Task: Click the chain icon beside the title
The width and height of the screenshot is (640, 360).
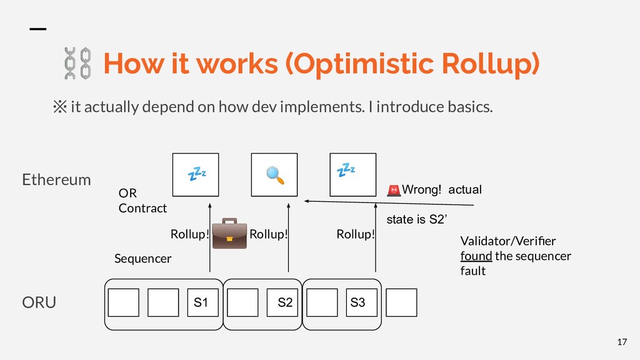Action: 78,63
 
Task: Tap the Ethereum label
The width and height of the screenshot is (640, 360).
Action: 56,180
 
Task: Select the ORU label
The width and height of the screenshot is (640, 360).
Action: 39,303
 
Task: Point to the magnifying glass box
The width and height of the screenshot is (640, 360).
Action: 274,175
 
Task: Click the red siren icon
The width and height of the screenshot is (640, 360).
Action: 394,189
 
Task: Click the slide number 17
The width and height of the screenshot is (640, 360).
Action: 621,342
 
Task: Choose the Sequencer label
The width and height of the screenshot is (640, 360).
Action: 142,258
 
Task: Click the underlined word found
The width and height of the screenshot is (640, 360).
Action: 476,256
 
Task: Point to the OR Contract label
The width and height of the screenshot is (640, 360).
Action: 142,201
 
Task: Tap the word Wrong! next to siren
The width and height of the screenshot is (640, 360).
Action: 422,189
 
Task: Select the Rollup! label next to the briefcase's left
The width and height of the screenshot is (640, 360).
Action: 189,235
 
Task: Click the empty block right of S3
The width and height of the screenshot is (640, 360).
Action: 401,303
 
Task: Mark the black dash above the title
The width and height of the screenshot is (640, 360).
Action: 39,29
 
